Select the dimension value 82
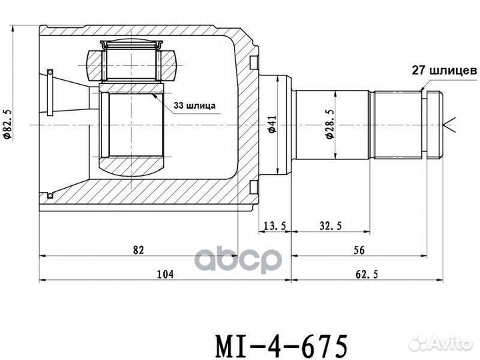(x=139, y=250)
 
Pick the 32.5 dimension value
(x=331, y=226)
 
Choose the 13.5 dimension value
(x=275, y=226)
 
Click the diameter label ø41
(x=272, y=125)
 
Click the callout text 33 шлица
(x=195, y=105)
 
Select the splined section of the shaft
(x=398, y=125)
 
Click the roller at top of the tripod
(x=131, y=46)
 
